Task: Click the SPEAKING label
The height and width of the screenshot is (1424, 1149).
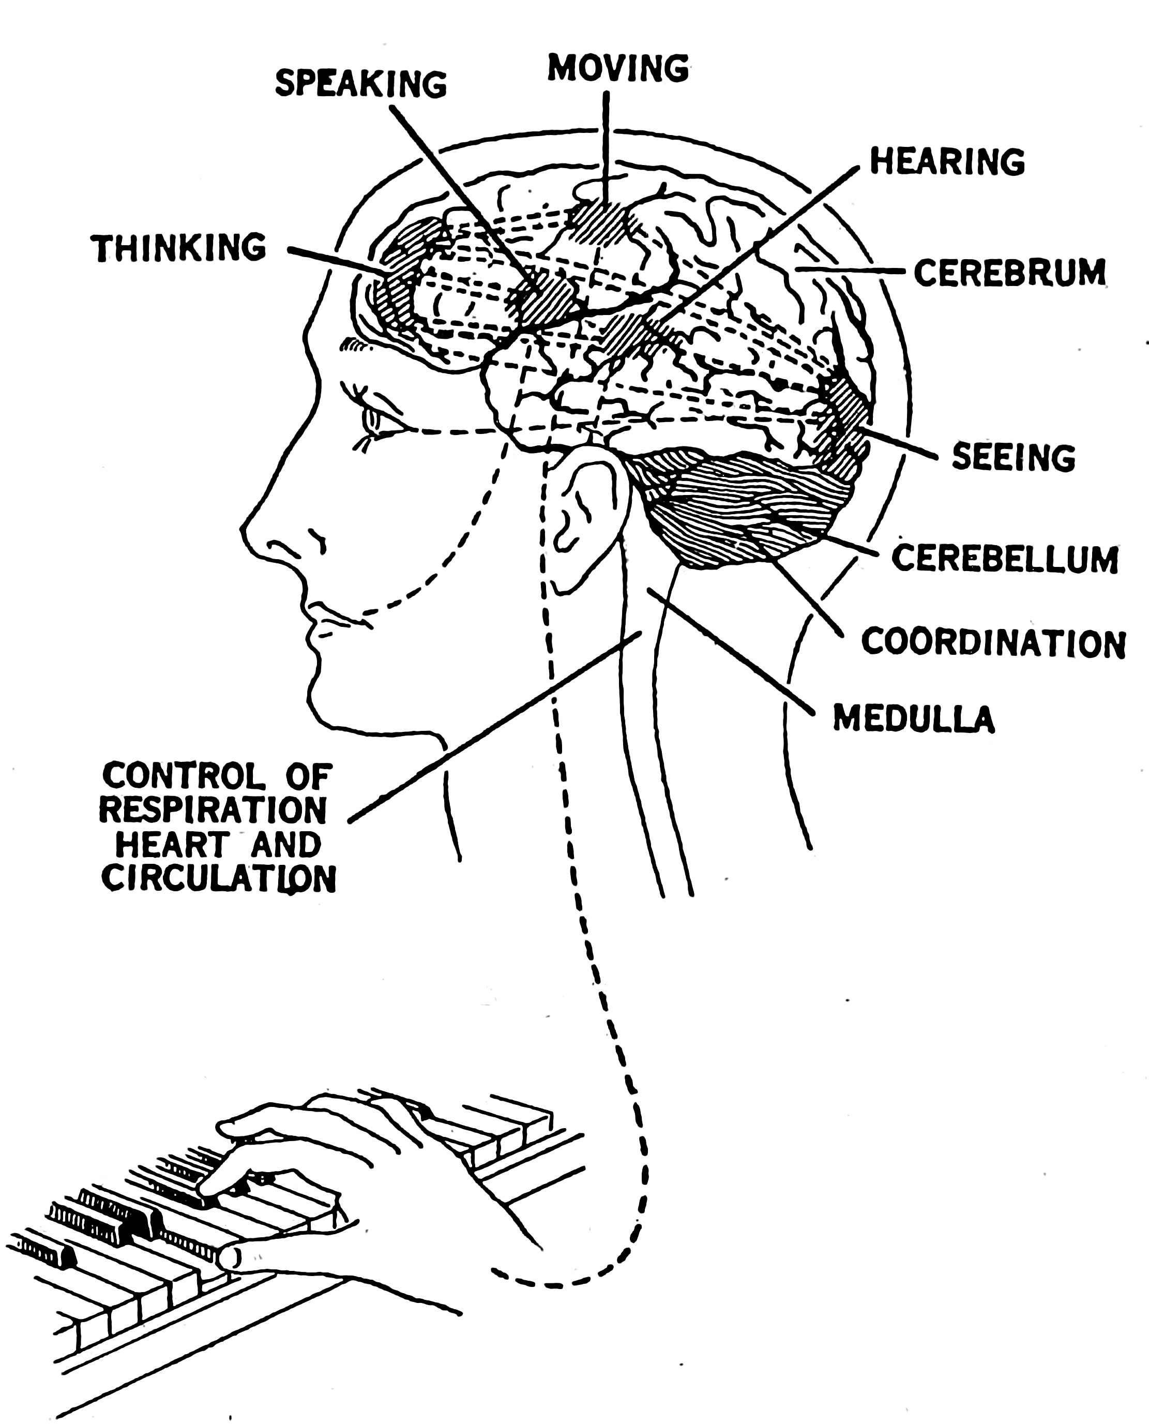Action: [361, 84]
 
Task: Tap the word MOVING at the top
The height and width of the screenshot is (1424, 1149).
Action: [618, 69]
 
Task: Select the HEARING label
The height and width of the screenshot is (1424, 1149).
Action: [947, 161]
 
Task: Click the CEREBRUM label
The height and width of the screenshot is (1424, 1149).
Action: [1009, 272]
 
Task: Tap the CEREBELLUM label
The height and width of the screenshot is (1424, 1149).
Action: [1005, 559]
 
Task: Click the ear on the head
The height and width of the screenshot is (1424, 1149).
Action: [586, 516]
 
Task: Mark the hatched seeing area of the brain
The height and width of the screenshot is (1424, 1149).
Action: [844, 417]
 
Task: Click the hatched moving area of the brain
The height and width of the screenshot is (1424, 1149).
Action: [602, 222]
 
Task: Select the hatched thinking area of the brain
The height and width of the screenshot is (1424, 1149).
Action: [397, 278]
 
